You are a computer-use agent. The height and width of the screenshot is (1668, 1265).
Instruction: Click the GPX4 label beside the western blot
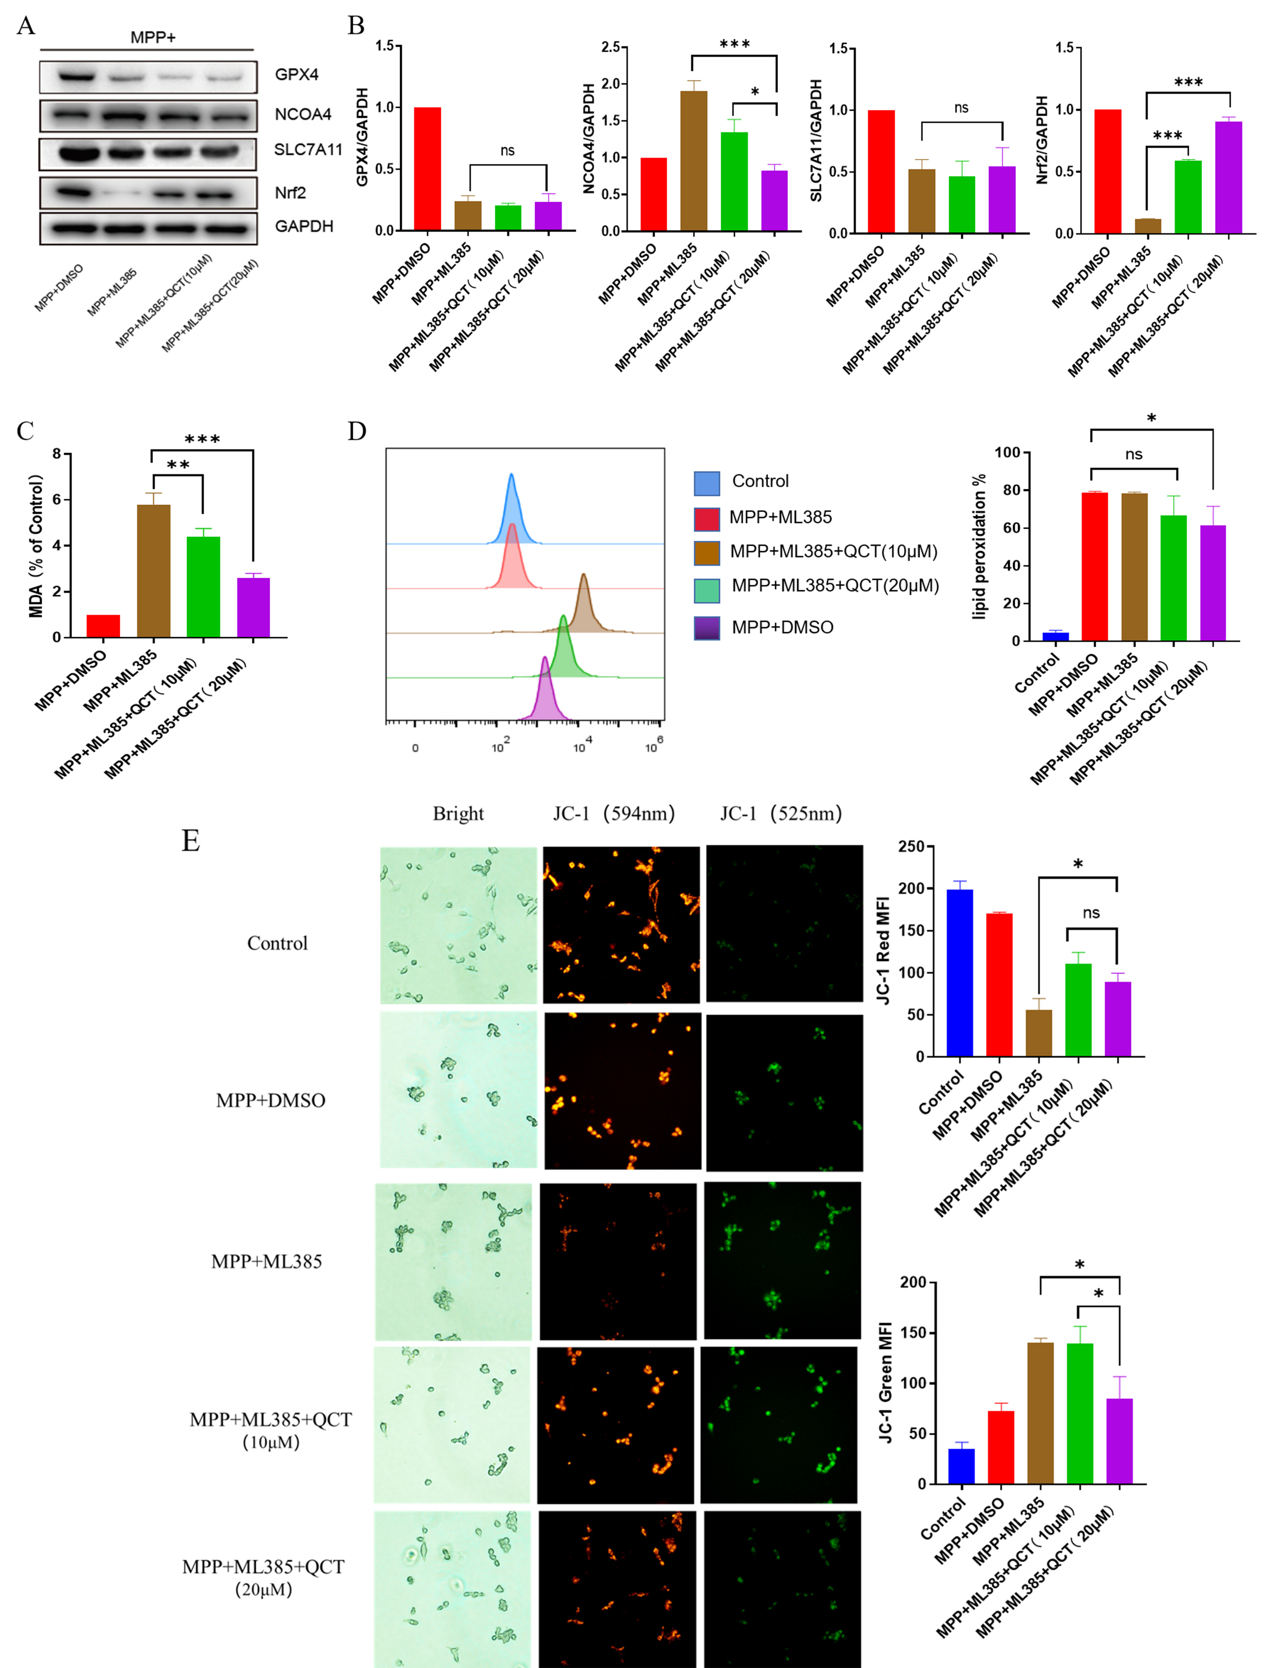[296, 75]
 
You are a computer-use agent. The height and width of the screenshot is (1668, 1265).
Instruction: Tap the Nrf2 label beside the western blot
[290, 193]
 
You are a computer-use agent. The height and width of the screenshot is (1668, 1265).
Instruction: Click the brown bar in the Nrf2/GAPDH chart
[1147, 225]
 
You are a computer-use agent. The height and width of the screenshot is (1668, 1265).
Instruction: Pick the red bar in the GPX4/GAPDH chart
[427, 169]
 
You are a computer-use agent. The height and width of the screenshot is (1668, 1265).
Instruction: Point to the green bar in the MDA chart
[203, 586]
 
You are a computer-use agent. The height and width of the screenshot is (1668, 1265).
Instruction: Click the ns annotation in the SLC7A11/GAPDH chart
[961, 108]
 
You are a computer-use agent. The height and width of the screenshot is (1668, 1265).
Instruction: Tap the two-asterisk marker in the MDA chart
[178, 465]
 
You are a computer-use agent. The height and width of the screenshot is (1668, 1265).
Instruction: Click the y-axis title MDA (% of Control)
[35, 546]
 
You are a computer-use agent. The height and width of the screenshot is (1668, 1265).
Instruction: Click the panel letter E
[191, 840]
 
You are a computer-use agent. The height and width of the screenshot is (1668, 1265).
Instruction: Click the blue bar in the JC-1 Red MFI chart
[960, 973]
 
